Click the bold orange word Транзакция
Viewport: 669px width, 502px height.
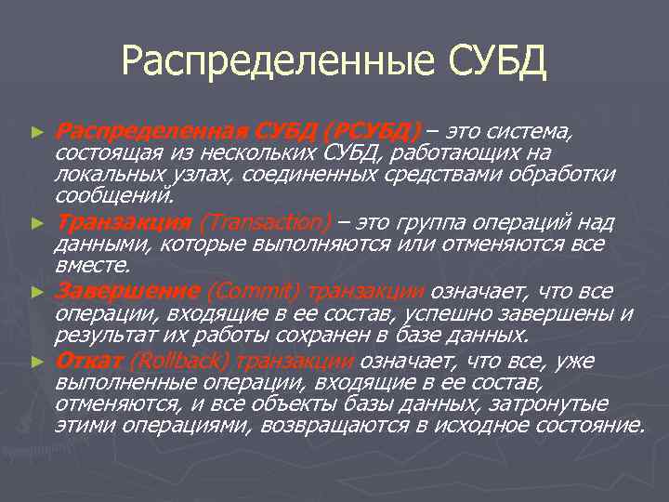[x=125, y=222]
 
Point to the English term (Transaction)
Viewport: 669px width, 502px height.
[x=265, y=222]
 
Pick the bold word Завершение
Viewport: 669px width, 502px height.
[x=127, y=290]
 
